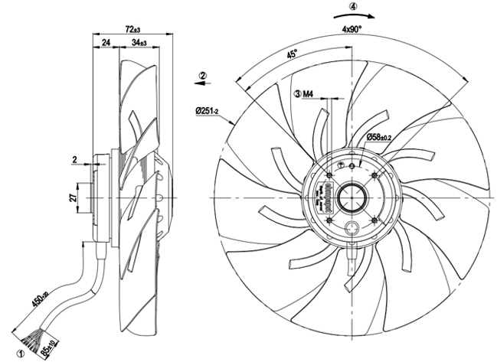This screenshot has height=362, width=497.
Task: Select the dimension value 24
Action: [x=105, y=43]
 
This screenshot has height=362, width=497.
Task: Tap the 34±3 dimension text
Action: [x=139, y=43]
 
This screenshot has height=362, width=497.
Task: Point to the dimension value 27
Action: [x=73, y=198]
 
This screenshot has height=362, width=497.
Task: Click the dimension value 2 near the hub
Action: [x=75, y=159]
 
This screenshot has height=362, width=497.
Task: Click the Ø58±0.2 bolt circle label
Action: [x=380, y=137]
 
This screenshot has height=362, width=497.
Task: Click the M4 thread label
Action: [x=310, y=94]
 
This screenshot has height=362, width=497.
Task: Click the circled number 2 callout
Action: [x=203, y=75]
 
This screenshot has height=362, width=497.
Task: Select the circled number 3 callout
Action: [x=297, y=94]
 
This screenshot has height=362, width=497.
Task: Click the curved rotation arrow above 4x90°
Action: [x=353, y=15]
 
